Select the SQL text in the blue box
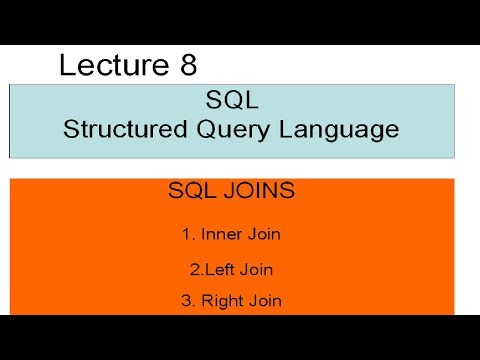point(231,101)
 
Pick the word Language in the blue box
point(341,129)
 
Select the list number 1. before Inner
point(187,235)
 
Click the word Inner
point(220,235)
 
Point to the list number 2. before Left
point(195,269)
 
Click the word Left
point(220,269)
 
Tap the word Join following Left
point(257,269)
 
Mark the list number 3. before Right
point(187,301)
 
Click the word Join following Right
point(265,301)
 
